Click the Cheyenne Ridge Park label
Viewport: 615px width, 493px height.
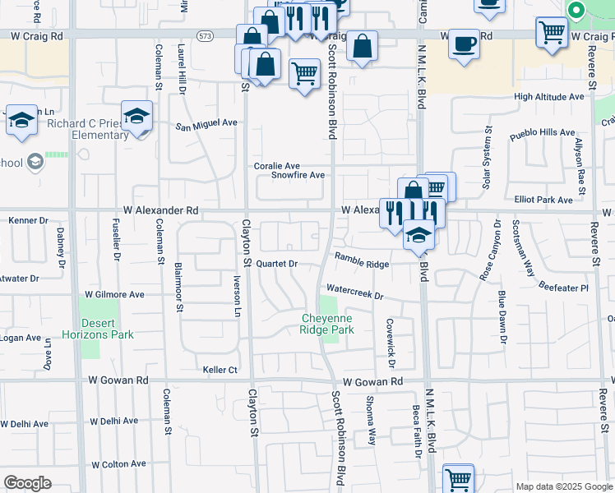pyautogui.click(x=327, y=324)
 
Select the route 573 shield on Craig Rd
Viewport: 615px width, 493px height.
pyautogui.click(x=205, y=35)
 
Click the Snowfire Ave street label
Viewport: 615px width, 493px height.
pyautogui.click(x=298, y=175)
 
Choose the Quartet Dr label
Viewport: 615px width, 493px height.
pyautogui.click(x=275, y=264)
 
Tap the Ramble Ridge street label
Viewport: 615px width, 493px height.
pyautogui.click(x=361, y=263)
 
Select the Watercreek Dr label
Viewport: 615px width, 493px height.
pyautogui.click(x=355, y=290)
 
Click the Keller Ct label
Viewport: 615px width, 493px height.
pyautogui.click(x=220, y=371)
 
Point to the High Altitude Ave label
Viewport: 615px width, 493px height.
pyautogui.click(x=548, y=96)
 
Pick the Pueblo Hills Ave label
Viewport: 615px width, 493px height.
pyautogui.click(x=542, y=132)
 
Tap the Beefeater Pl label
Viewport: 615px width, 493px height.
pyautogui.click(x=563, y=288)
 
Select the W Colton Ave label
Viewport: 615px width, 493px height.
pyautogui.click(x=118, y=464)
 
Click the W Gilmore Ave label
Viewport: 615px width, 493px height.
pyautogui.click(x=114, y=294)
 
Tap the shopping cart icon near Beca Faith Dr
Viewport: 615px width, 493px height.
pyautogui.click(x=459, y=479)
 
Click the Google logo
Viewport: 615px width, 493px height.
pyautogui.click(x=27, y=483)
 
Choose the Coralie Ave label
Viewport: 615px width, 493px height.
pyautogui.click(x=276, y=166)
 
